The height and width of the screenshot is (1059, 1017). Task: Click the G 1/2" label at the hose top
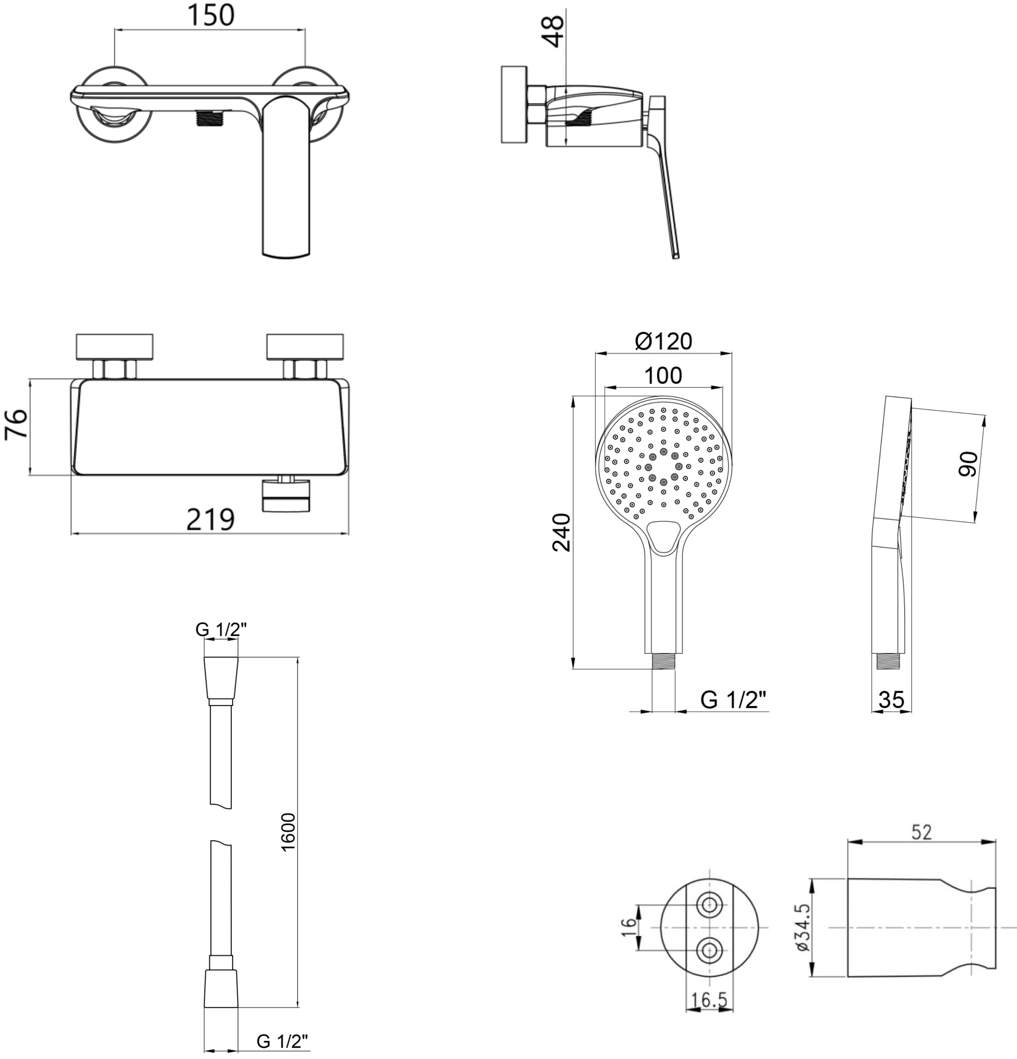coord(221,629)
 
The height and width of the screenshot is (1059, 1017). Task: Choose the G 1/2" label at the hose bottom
coord(282,1041)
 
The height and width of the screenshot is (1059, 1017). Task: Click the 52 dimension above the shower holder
coord(921,833)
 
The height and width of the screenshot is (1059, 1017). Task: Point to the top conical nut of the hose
coord(220,679)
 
